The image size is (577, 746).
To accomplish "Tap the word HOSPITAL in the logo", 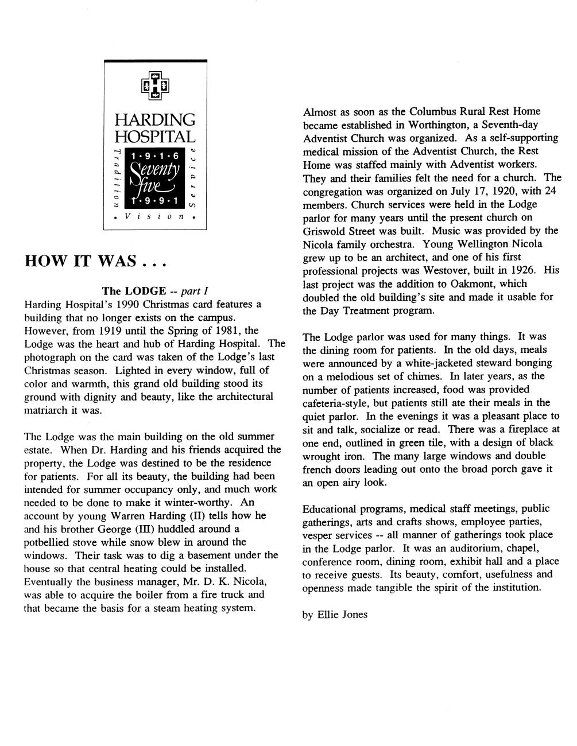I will pos(155,137).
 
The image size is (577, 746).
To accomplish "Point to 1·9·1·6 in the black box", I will pos(155,156).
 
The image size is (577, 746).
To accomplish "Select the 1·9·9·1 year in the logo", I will pos(155,201).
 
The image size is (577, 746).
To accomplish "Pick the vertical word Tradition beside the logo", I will pos(117,178).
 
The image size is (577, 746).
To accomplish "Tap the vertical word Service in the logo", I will pos(194,178).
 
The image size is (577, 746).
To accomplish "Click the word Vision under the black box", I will pos(155,217).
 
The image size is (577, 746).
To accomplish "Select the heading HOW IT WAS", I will pos(95,262).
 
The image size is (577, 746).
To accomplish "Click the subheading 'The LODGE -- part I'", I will pos(150,291).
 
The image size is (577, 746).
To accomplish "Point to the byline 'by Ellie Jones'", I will pos(335,615).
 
